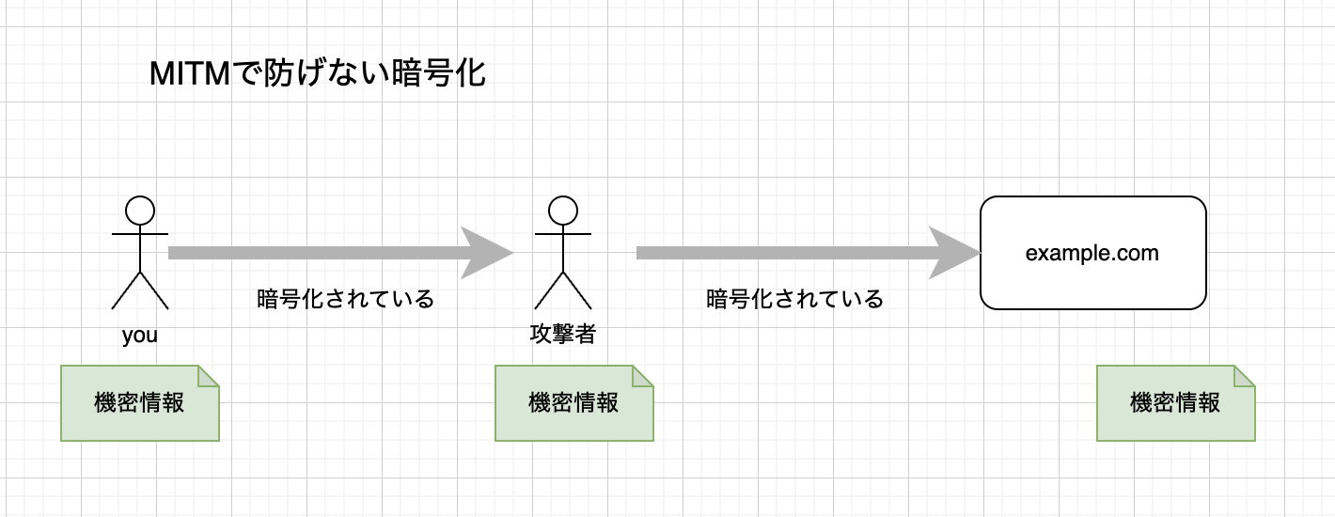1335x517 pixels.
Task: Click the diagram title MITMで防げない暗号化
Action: pos(317,74)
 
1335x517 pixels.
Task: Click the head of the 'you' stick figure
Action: pos(140,210)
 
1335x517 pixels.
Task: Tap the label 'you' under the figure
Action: pos(140,335)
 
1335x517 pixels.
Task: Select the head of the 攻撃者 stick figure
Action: pos(562,210)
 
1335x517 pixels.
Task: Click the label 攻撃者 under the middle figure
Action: pos(562,334)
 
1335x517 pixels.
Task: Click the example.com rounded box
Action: pos(1092,253)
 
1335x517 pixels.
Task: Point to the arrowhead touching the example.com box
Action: pos(954,253)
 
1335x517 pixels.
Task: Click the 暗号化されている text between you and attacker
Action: pos(345,299)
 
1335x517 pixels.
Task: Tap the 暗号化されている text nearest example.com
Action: pos(794,299)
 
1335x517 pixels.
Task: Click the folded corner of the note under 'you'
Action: pos(209,375)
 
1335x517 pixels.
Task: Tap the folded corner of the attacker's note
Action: pos(643,375)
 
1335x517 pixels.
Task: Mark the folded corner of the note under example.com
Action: pos(1245,375)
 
